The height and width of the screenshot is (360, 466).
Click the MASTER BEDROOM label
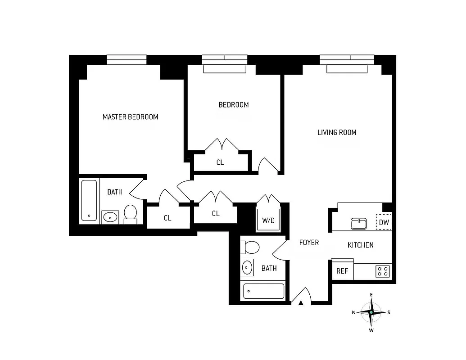click(131, 117)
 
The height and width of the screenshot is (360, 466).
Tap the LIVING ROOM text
click(337, 132)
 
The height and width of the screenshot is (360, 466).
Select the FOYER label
click(309, 243)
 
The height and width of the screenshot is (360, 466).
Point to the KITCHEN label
click(361, 245)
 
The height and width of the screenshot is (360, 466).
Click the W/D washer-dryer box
click(268, 220)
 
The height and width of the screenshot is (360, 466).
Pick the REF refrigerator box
click(342, 271)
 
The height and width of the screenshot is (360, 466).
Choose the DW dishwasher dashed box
click(384, 222)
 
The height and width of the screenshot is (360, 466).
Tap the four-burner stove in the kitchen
click(383, 271)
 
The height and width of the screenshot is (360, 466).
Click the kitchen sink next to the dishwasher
click(359, 223)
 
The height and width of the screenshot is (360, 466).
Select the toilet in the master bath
click(131, 214)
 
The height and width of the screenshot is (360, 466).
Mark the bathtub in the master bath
click(89, 200)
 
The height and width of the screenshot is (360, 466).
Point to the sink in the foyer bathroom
click(247, 268)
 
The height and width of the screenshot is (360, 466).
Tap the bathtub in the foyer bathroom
click(264, 291)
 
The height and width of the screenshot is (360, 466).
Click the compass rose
click(371, 312)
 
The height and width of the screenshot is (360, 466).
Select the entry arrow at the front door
click(301, 302)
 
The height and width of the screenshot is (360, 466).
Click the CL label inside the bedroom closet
click(220, 162)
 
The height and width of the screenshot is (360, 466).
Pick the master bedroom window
click(127, 59)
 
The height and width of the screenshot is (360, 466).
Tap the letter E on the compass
click(371, 295)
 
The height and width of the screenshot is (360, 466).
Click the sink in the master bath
click(110, 217)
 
